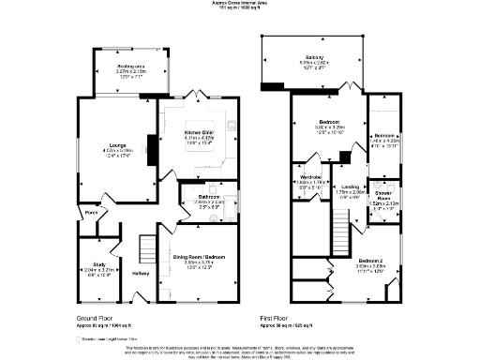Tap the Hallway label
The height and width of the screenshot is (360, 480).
(141, 274)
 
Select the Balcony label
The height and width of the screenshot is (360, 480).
(314, 56)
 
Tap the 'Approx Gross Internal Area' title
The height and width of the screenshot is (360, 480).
(238, 4)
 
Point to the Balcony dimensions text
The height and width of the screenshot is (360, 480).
(314, 63)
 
